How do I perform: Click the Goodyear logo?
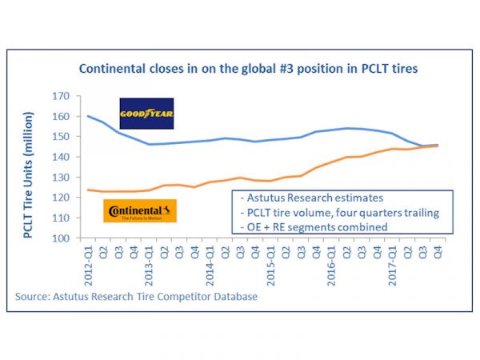[146, 114]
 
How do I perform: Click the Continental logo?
[141, 211]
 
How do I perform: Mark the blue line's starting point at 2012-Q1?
[88, 116]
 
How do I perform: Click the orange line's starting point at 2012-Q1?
[88, 190]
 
